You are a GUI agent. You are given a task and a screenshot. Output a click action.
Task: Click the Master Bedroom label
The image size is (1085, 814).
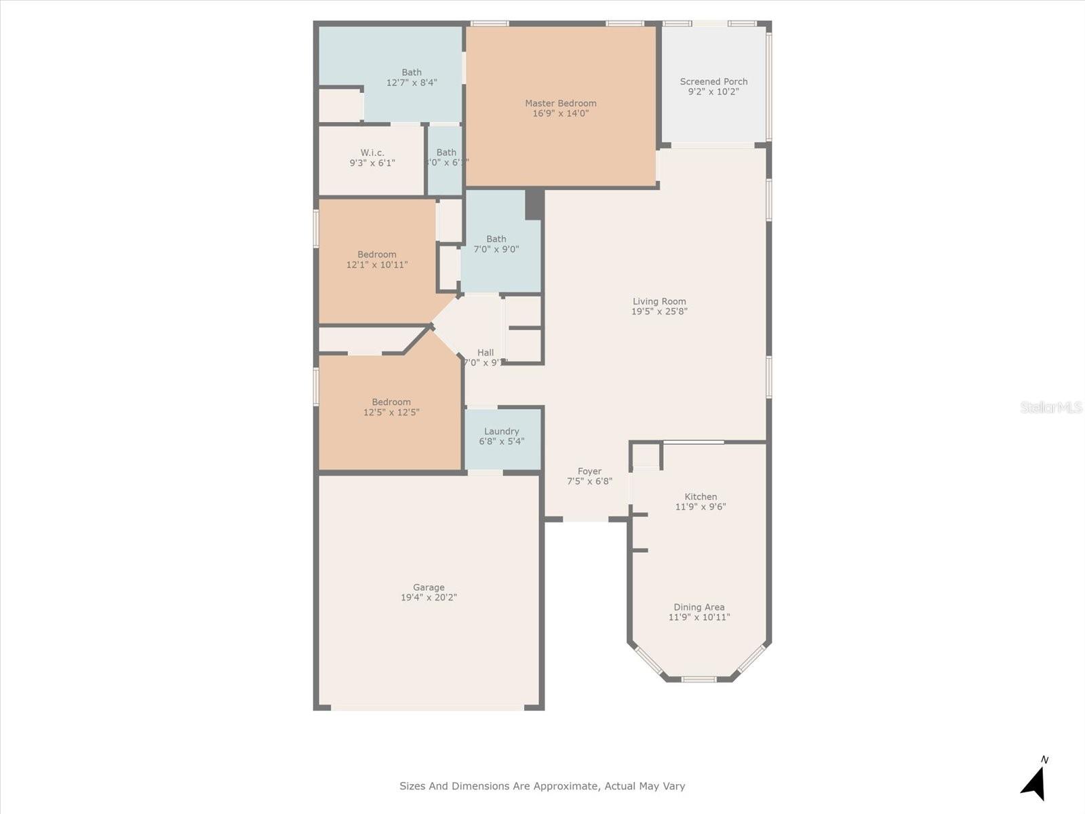tap(560, 103)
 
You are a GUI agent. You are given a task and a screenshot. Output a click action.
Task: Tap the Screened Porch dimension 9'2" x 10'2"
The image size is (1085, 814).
tap(713, 92)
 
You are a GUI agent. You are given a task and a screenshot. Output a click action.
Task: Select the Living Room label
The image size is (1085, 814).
tap(659, 301)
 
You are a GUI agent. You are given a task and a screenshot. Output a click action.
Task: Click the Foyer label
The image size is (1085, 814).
tap(589, 471)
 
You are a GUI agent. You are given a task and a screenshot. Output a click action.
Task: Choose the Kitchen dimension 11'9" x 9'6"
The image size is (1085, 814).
tap(701, 507)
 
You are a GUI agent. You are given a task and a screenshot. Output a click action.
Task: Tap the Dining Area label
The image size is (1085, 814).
tap(698, 607)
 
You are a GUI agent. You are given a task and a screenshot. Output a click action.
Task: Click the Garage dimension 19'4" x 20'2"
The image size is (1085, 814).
tap(429, 598)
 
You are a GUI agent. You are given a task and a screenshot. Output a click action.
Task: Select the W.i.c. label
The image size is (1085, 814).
tap(372, 153)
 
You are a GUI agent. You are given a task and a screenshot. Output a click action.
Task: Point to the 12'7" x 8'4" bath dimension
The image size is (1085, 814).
tap(412, 83)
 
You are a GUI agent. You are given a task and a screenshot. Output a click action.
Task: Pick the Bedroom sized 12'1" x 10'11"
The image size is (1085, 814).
tap(377, 260)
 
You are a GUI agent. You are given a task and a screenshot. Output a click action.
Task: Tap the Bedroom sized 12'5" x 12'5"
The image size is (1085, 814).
tap(391, 407)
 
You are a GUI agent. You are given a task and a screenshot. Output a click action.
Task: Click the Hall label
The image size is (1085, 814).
tap(486, 352)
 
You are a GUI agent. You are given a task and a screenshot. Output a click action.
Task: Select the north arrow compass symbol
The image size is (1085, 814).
tap(1034, 781)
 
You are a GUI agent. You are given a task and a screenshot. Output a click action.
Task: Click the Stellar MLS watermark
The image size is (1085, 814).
tap(1051, 407)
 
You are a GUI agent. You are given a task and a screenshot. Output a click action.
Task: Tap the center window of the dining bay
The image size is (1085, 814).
tap(698, 679)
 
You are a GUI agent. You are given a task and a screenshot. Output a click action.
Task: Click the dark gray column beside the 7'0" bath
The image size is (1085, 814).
tap(534, 204)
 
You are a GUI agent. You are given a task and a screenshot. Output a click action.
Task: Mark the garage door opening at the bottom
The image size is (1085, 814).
tap(427, 708)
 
